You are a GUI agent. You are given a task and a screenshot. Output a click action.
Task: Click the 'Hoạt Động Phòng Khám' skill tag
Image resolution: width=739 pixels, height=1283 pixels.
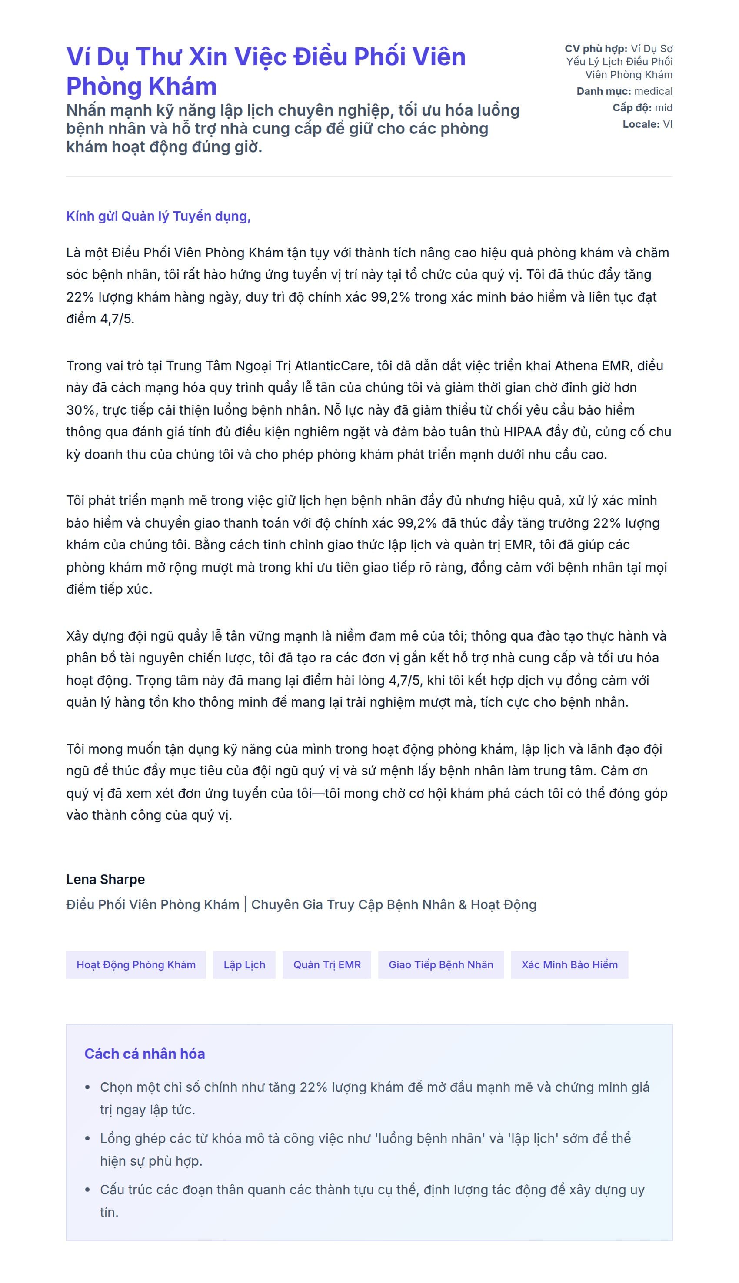136,964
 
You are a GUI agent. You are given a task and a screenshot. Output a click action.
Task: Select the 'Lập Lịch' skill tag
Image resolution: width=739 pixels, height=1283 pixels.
244,964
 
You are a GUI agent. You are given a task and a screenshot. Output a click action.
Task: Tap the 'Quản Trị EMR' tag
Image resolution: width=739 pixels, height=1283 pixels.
327,964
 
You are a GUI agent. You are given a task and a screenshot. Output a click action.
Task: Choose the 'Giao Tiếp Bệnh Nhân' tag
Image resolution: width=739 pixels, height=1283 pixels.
440,964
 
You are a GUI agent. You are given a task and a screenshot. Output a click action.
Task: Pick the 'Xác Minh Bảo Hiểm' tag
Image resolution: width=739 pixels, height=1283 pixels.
569,964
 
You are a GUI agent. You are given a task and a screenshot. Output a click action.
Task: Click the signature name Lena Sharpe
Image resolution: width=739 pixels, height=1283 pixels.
105,879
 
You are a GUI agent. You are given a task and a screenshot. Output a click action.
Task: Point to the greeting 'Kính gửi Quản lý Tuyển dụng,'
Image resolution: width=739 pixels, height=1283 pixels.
158,216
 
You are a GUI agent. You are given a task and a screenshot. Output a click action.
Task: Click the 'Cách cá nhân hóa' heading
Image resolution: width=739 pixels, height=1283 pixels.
145,1054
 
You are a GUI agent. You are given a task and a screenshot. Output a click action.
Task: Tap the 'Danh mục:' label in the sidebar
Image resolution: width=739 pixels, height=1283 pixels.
603,91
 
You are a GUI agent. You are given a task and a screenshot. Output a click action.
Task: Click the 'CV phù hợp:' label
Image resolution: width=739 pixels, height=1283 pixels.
596,49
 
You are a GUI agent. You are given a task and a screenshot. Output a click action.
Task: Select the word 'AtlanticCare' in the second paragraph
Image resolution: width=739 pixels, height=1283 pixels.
332,366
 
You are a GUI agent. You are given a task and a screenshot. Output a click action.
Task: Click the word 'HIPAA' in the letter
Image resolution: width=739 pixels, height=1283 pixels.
523,432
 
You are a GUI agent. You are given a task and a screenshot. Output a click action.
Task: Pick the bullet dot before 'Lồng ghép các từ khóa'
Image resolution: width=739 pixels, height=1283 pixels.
88,1138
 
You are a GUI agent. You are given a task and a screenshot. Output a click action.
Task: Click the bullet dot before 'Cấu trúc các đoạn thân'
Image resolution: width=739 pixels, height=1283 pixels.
88,1190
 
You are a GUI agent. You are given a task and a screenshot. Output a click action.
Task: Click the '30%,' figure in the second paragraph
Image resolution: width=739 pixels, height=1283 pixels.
82,410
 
